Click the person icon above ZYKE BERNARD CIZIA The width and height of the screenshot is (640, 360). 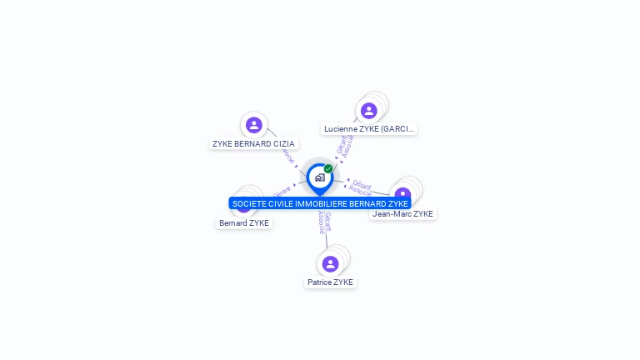click(x=254, y=125)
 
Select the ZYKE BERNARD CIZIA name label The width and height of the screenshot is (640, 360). click(x=253, y=144)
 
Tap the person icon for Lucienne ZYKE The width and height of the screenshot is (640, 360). click(x=368, y=111)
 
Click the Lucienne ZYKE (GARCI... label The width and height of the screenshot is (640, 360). click(x=369, y=129)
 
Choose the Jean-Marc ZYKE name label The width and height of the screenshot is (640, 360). click(x=402, y=214)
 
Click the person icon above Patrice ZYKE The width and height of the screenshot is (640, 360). click(x=330, y=263)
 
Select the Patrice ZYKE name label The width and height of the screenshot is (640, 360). click(x=331, y=282)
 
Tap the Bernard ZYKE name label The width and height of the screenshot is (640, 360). click(x=244, y=223)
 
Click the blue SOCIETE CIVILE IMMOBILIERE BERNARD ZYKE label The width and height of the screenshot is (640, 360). click(x=320, y=203)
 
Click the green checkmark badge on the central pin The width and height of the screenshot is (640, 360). click(x=328, y=168)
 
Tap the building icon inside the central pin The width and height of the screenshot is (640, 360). click(x=319, y=177)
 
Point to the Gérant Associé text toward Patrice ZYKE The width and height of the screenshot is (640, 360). click(x=324, y=222)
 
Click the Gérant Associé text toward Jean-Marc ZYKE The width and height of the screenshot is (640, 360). click(x=361, y=187)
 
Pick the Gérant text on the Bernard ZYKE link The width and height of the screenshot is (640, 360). click(x=282, y=192)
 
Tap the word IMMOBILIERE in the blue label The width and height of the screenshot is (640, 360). click(x=321, y=203)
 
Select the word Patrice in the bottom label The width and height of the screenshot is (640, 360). click(x=320, y=282)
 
